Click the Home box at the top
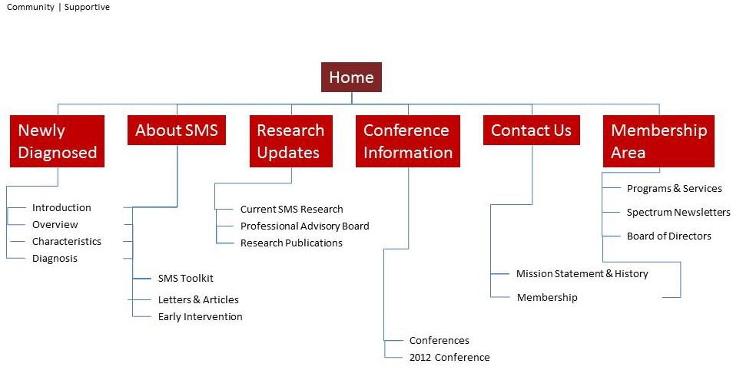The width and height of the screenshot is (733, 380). tap(351, 77)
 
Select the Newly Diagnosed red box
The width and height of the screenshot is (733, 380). tap(58, 141)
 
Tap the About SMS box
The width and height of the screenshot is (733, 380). tap(177, 130)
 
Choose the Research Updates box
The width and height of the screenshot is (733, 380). tap(290, 141)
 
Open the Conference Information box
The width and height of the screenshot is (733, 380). tap(408, 141)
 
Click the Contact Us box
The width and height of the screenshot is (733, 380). tap(531, 130)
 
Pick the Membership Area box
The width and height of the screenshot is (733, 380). tap(658, 141)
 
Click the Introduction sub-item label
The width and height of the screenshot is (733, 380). tap(61, 207)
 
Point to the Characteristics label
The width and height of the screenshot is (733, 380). tap(66, 241)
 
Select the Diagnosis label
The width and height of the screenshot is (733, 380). tap(55, 258)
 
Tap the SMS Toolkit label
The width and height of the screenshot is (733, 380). tap(186, 278)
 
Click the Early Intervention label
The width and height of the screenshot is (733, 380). tap(200, 316)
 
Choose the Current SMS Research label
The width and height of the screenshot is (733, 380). tap(291, 209)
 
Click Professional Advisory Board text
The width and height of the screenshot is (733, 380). tap(304, 226)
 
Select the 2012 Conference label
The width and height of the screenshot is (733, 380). tap(449, 357)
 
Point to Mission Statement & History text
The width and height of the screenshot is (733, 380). tap(582, 273)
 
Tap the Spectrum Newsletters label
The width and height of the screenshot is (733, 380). tap(678, 212)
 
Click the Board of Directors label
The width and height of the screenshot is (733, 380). tap(668, 236)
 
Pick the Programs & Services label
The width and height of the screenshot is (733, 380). tap(674, 188)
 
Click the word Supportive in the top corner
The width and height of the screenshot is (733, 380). tap(87, 7)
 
